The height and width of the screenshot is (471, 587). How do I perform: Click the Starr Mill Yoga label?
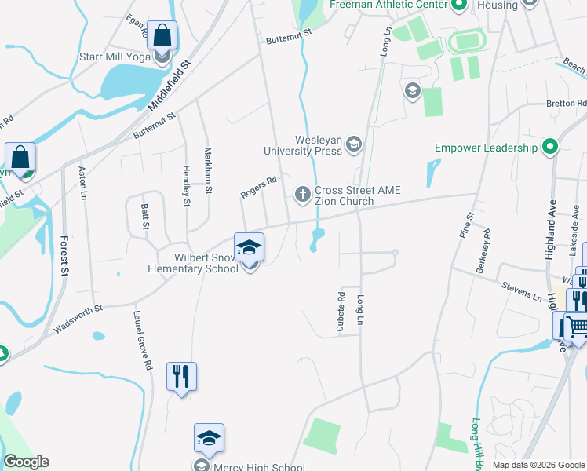point(115,57)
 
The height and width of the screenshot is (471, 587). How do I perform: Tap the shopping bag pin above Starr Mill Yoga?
point(162,36)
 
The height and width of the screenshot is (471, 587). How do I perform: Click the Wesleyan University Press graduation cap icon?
point(354,144)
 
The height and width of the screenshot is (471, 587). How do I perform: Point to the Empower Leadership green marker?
point(550,147)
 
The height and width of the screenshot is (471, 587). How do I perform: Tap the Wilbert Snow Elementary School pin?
point(250,248)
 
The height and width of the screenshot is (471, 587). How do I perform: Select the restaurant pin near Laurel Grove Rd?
point(181,376)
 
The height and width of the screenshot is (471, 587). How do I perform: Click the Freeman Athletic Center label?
point(388,5)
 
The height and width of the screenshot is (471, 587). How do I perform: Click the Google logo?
point(26,462)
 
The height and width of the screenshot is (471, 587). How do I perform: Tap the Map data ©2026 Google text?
point(538,465)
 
